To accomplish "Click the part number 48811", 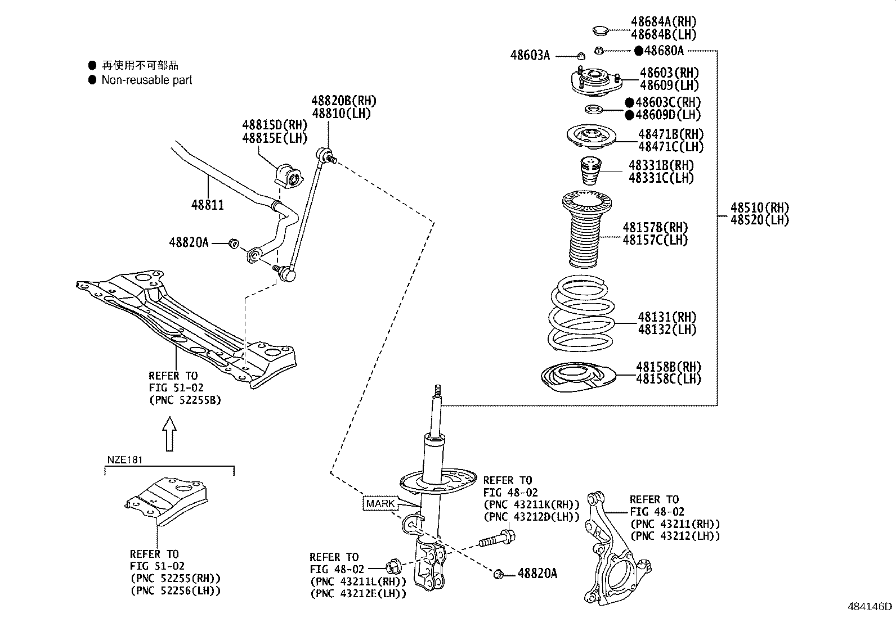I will pos(207,205).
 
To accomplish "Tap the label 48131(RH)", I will pos(667,317).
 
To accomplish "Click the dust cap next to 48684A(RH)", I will pos(601,29).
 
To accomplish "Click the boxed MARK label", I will pos(380,503).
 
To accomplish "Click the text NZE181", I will pos(124,460).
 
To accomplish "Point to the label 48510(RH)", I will pos(760,207).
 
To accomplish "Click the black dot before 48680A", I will pos(638,51).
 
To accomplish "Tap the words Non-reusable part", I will pos(146,80).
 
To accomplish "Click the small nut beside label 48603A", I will pos(581,55).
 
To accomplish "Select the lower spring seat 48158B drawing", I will pos(579,378).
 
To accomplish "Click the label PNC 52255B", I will pos(185,400).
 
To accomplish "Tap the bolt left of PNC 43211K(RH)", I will pos(496,538).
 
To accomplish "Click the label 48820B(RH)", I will pos(343,101).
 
